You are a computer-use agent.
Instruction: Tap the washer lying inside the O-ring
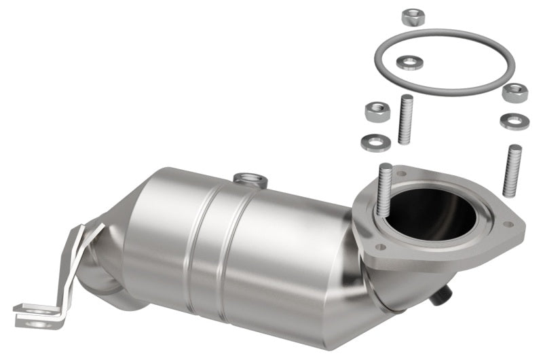pyautogui.click(x=409, y=63)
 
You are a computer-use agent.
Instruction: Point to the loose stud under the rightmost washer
pyautogui.click(x=512, y=170)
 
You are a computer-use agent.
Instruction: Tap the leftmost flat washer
pyautogui.click(x=375, y=142)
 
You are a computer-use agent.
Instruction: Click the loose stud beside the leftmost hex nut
pyautogui.click(x=407, y=120)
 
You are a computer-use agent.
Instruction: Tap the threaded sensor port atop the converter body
pyautogui.click(x=248, y=179)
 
